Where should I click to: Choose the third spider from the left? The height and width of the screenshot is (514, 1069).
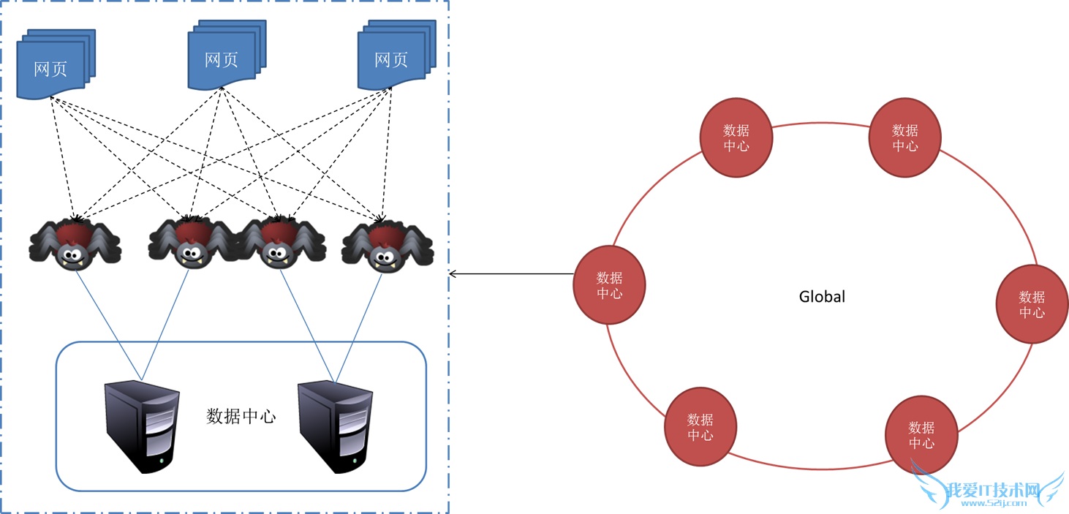[x=281, y=243]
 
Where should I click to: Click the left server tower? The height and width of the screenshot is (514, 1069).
[x=142, y=424]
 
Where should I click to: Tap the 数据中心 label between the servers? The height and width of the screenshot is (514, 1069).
[x=241, y=416]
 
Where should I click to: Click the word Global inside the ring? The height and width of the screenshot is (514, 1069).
[x=822, y=297]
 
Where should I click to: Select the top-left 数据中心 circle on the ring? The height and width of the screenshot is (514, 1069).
[x=736, y=137]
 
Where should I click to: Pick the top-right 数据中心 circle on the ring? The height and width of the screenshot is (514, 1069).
[x=904, y=137]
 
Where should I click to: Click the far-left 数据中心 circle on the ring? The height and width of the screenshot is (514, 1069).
[x=609, y=285]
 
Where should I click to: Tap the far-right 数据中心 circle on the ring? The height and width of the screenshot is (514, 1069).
[x=1032, y=304]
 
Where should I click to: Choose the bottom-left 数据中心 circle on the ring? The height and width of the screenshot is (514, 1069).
[x=700, y=427]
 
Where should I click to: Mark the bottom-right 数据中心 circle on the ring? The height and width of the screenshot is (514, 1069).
[x=921, y=435]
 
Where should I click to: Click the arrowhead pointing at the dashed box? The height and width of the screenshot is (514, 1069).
[x=453, y=274]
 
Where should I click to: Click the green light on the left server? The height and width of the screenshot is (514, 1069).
[x=161, y=461]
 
